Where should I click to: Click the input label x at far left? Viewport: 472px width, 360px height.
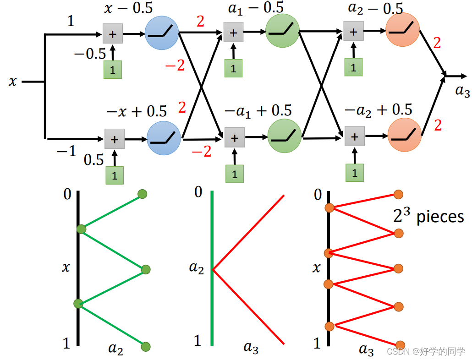click(x=12, y=82)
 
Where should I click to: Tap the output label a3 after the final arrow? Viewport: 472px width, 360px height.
click(x=462, y=91)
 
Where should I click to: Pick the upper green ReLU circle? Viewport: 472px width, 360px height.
click(x=282, y=31)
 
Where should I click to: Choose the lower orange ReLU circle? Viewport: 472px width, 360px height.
click(x=404, y=136)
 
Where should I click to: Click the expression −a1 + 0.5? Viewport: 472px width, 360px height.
click(x=258, y=111)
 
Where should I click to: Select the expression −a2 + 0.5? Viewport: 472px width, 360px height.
click(x=378, y=110)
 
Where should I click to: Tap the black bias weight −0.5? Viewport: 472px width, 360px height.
click(x=90, y=54)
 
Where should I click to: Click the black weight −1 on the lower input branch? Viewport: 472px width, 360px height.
click(x=66, y=151)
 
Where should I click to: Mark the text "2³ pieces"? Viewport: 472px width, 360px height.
click(x=428, y=216)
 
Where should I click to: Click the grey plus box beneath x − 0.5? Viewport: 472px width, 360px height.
click(x=113, y=33)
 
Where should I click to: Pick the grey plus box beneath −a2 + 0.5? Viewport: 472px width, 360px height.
click(x=355, y=136)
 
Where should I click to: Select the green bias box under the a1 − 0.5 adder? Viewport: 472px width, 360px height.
click(x=234, y=68)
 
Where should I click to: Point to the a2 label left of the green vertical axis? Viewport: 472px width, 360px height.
click(x=196, y=267)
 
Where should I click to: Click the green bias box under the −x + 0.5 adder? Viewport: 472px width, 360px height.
click(x=115, y=175)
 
